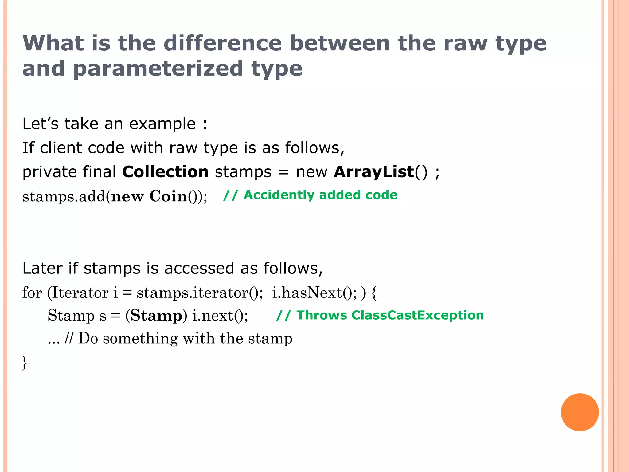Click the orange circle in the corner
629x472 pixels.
(580, 412)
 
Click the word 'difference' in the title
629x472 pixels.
(223, 43)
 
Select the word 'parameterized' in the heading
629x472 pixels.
(158, 69)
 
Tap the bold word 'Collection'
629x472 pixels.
(166, 172)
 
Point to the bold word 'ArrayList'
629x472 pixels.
(374, 172)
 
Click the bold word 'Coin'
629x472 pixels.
(168, 196)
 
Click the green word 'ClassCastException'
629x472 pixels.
(418, 315)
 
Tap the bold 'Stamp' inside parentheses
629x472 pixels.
(156, 316)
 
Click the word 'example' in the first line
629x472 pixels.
(162, 124)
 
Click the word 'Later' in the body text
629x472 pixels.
(42, 268)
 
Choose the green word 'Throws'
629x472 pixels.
(322, 315)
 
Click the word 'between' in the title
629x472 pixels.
(340, 43)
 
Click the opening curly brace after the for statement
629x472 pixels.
(374, 293)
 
